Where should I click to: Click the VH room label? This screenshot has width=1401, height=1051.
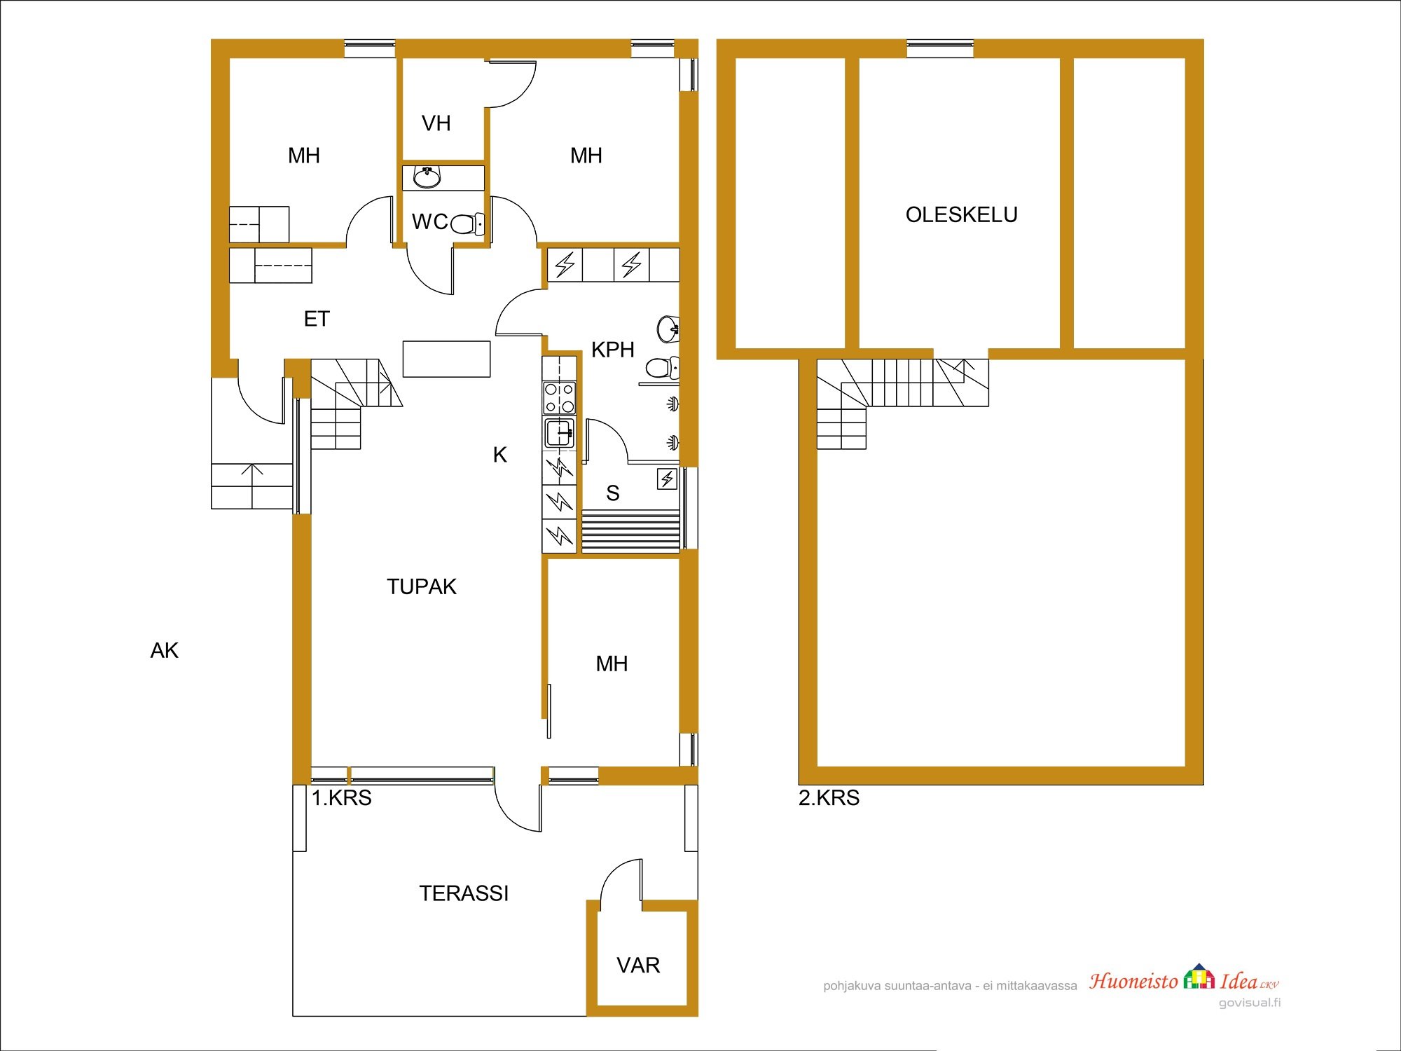(436, 123)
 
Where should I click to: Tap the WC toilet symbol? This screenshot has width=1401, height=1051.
(467, 224)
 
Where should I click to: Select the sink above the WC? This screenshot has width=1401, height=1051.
(427, 178)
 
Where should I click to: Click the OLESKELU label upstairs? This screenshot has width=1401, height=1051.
(961, 214)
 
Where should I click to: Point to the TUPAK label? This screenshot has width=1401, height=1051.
(421, 586)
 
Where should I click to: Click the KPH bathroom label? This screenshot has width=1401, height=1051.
(612, 350)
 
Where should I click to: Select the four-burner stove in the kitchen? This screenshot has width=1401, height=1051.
(560, 397)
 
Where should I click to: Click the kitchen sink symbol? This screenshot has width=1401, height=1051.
(560, 433)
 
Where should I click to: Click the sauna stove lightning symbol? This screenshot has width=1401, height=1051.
(667, 479)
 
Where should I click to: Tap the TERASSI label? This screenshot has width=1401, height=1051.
(464, 893)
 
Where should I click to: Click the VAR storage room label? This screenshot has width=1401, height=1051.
(638, 966)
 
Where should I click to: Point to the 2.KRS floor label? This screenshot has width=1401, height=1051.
(829, 798)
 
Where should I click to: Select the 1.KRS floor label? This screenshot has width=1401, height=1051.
(341, 798)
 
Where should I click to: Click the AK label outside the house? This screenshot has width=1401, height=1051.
(165, 651)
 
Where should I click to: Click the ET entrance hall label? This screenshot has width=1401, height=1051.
(317, 320)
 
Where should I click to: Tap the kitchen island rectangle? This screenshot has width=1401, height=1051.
(446, 359)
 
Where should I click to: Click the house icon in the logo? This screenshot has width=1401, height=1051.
(1199, 976)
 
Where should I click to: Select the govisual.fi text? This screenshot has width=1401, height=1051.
(1250, 1003)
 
